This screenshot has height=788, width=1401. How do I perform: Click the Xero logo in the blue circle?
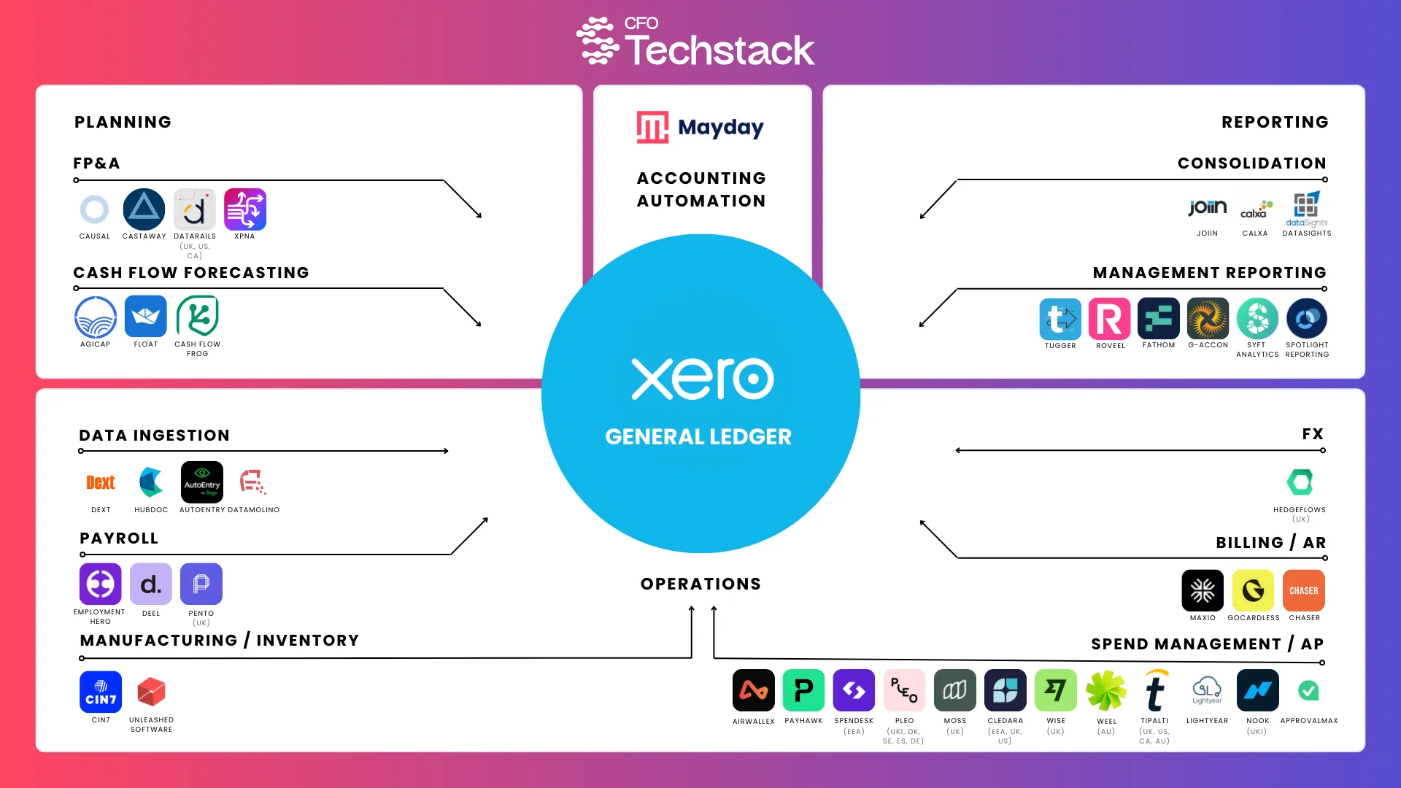click(x=702, y=379)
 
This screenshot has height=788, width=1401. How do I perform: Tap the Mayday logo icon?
click(x=652, y=128)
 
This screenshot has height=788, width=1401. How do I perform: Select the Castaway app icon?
click(x=144, y=209)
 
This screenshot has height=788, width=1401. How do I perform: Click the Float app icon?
click(x=145, y=317)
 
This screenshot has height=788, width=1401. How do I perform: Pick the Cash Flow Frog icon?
click(x=197, y=317)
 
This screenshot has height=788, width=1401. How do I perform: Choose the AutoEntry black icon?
click(x=202, y=482)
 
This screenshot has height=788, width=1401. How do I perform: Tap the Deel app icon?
click(x=151, y=584)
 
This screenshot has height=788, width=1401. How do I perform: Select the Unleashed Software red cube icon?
click(x=151, y=692)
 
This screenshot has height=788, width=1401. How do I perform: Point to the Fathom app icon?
click(x=1159, y=319)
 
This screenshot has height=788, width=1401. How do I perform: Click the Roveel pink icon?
click(x=1109, y=319)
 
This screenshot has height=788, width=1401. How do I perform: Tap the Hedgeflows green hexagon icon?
click(x=1300, y=482)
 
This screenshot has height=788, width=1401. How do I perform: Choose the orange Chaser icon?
click(x=1304, y=590)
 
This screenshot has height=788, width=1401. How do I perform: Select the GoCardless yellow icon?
click(x=1253, y=590)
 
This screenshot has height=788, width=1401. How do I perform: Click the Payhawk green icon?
click(x=803, y=690)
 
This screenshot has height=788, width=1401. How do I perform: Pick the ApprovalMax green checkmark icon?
click(x=1308, y=690)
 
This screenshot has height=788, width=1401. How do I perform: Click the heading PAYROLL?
click(x=119, y=538)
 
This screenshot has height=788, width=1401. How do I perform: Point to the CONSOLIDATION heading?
click(x=1252, y=163)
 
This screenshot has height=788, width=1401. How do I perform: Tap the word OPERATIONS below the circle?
click(x=700, y=584)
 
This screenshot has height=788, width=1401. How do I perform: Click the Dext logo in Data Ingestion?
click(x=101, y=482)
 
